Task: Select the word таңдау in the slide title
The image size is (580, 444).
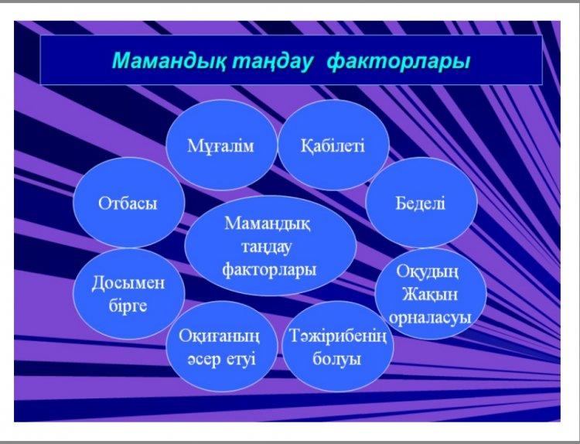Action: pyautogui.click(x=272, y=62)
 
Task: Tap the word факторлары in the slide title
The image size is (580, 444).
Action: pyautogui.click(x=399, y=62)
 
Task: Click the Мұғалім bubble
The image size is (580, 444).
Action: pyautogui.click(x=221, y=145)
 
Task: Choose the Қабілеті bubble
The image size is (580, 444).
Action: pyautogui.click(x=333, y=145)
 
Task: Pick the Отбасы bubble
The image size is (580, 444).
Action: pyautogui.click(x=128, y=203)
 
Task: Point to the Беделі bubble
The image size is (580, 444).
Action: pyautogui.click(x=421, y=203)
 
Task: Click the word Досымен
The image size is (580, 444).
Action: pyautogui.click(x=128, y=283)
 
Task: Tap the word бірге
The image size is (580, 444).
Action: pyautogui.click(x=128, y=306)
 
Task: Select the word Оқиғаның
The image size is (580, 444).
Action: pyautogui.click(x=220, y=336)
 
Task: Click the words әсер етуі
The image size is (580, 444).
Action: pyautogui.click(x=221, y=359)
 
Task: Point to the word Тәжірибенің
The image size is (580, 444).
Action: pyautogui.click(x=338, y=336)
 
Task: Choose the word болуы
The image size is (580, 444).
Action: pyautogui.click(x=336, y=360)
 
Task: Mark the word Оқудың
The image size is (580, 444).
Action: pyautogui.click(x=428, y=272)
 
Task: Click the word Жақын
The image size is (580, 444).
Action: pyautogui.click(x=430, y=295)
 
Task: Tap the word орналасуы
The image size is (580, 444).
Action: pyautogui.click(x=430, y=318)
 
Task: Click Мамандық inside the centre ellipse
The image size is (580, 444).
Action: pyautogui.click(x=268, y=224)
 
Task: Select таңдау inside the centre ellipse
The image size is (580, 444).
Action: pyautogui.click(x=266, y=248)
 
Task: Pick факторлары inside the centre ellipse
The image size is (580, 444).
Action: pyautogui.click(x=269, y=270)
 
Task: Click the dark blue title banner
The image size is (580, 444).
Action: pyautogui.click(x=291, y=60)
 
